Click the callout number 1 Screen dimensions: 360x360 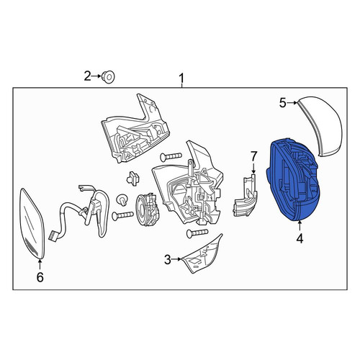[181, 78]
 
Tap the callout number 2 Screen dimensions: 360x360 [88, 76]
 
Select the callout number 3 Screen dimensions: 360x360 [168, 259]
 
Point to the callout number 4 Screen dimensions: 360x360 [300, 238]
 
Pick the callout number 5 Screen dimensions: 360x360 [283, 103]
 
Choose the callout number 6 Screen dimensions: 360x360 [40, 277]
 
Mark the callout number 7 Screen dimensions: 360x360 [254, 156]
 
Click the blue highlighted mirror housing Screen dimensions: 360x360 [293, 180]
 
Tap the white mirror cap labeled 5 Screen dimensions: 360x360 [322, 125]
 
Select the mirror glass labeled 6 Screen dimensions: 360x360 [32, 223]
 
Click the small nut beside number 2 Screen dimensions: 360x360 [108, 77]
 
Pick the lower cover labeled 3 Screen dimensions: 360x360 [203, 254]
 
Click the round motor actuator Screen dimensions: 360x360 [147, 210]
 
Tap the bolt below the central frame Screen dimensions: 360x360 [197, 233]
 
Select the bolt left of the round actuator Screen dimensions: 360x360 [122, 216]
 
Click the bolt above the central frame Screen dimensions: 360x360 [171, 157]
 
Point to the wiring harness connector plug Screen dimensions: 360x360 [52, 235]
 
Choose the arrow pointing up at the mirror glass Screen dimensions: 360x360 [40, 265]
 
